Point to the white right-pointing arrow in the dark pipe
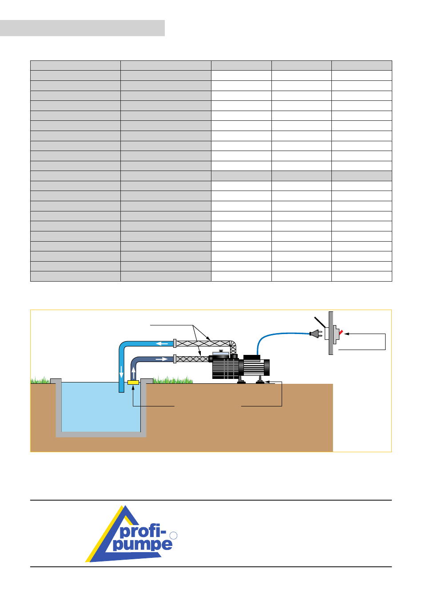pyautogui.click(x=162, y=359)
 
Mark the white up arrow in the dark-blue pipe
pyautogui.click(x=134, y=372)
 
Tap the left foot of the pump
pyautogui.click(x=241, y=381)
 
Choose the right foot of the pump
pyautogui.click(x=260, y=381)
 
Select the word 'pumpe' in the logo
pyautogui.click(x=142, y=544)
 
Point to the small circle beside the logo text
pyautogui.click(x=174, y=536)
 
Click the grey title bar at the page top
pyautogui.click(x=82, y=28)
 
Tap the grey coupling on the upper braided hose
pyautogui.click(x=175, y=343)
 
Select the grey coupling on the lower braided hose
pyautogui.click(x=175, y=358)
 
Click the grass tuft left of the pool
pyautogui.click(x=40, y=381)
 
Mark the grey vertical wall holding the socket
pyautogui.click(x=330, y=333)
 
